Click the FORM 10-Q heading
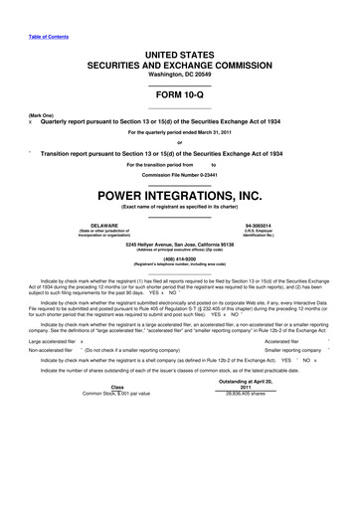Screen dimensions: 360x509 click(x=179, y=95)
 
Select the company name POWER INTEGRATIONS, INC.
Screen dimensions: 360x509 click(x=179, y=195)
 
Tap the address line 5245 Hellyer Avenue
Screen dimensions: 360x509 click(x=179, y=245)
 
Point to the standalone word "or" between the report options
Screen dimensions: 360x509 click(x=179, y=142)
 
